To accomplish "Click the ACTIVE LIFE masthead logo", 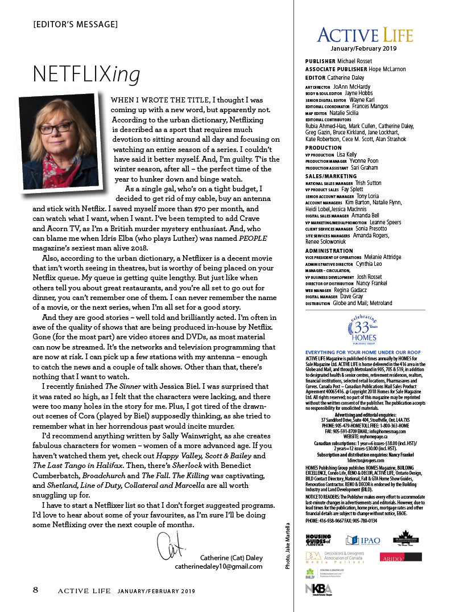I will tap(365, 36).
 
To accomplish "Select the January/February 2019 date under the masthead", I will tap(365, 48).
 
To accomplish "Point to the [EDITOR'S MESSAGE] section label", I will tap(76, 24).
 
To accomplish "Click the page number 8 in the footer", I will tap(35, 590).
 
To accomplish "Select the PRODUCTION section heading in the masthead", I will tap(323, 147).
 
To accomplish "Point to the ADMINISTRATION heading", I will tap(329, 250).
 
